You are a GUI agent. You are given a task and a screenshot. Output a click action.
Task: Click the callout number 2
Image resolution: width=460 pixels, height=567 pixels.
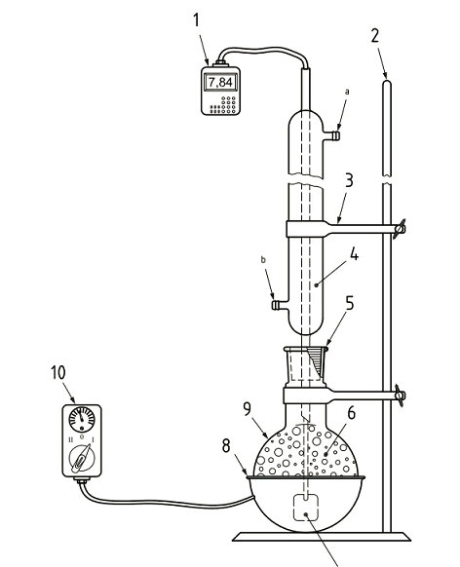[374, 39]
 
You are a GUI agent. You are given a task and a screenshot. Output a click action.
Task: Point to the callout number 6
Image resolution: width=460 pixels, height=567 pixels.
[349, 414]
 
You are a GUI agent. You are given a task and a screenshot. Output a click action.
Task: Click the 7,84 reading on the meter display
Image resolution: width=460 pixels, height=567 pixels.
[222, 82]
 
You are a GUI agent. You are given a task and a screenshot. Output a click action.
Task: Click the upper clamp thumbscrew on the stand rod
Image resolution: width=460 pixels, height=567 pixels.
[398, 230]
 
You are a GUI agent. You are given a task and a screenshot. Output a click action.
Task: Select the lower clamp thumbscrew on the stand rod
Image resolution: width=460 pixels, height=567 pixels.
[398, 396]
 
